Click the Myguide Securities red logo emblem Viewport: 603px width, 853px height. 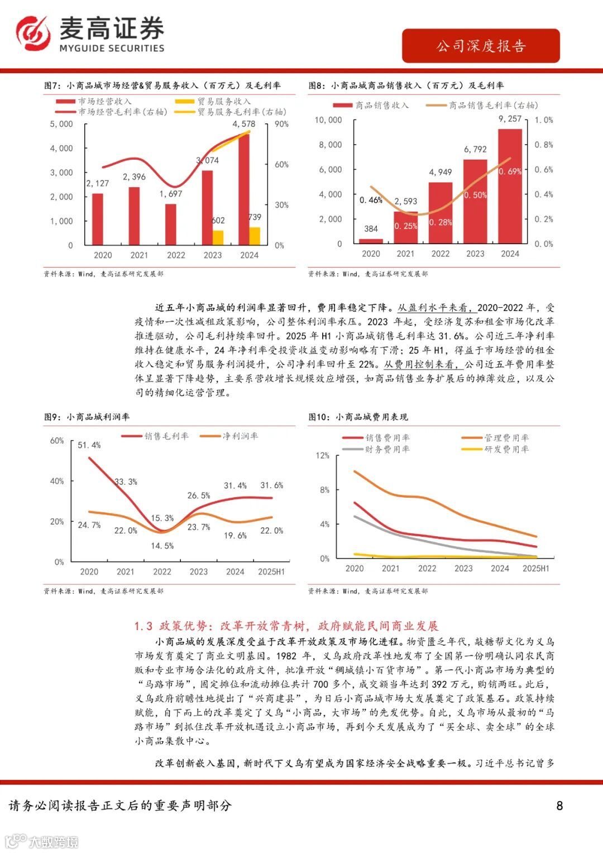[x=33, y=34]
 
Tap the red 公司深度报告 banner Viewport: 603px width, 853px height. [x=481, y=46]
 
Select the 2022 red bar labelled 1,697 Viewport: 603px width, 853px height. [x=171, y=224]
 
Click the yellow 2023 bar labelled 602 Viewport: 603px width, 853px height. [x=218, y=237]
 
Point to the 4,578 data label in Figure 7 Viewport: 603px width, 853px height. [x=244, y=124]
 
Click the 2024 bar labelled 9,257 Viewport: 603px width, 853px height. [x=510, y=186]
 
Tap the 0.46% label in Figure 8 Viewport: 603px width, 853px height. [x=371, y=200]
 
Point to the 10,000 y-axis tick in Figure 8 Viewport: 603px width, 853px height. [x=328, y=120]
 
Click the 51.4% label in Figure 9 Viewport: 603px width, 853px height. [x=89, y=445]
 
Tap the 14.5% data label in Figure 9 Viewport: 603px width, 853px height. [x=162, y=546]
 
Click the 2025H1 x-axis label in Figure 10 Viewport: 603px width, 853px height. [x=535, y=569]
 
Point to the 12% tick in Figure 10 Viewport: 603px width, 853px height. [x=323, y=456]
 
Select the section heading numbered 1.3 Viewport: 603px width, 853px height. [x=286, y=626]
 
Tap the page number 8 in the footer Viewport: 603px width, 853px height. [x=559, y=806]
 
